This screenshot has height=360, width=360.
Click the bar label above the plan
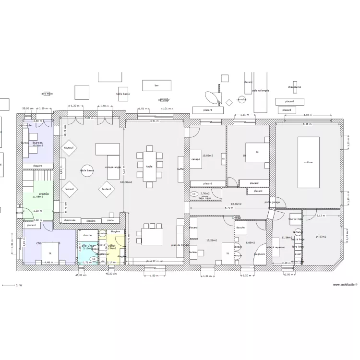point(156,85)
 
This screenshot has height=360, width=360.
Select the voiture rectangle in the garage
point(308,162)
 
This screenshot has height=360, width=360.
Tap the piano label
point(110,220)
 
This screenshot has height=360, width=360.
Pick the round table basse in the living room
point(87,171)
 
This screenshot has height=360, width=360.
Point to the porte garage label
point(272,202)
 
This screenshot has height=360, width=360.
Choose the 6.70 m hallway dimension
point(229,208)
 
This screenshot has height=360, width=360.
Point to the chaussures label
point(295,87)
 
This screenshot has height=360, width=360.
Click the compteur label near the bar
point(164,100)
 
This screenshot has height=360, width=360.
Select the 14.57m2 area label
point(321,237)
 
